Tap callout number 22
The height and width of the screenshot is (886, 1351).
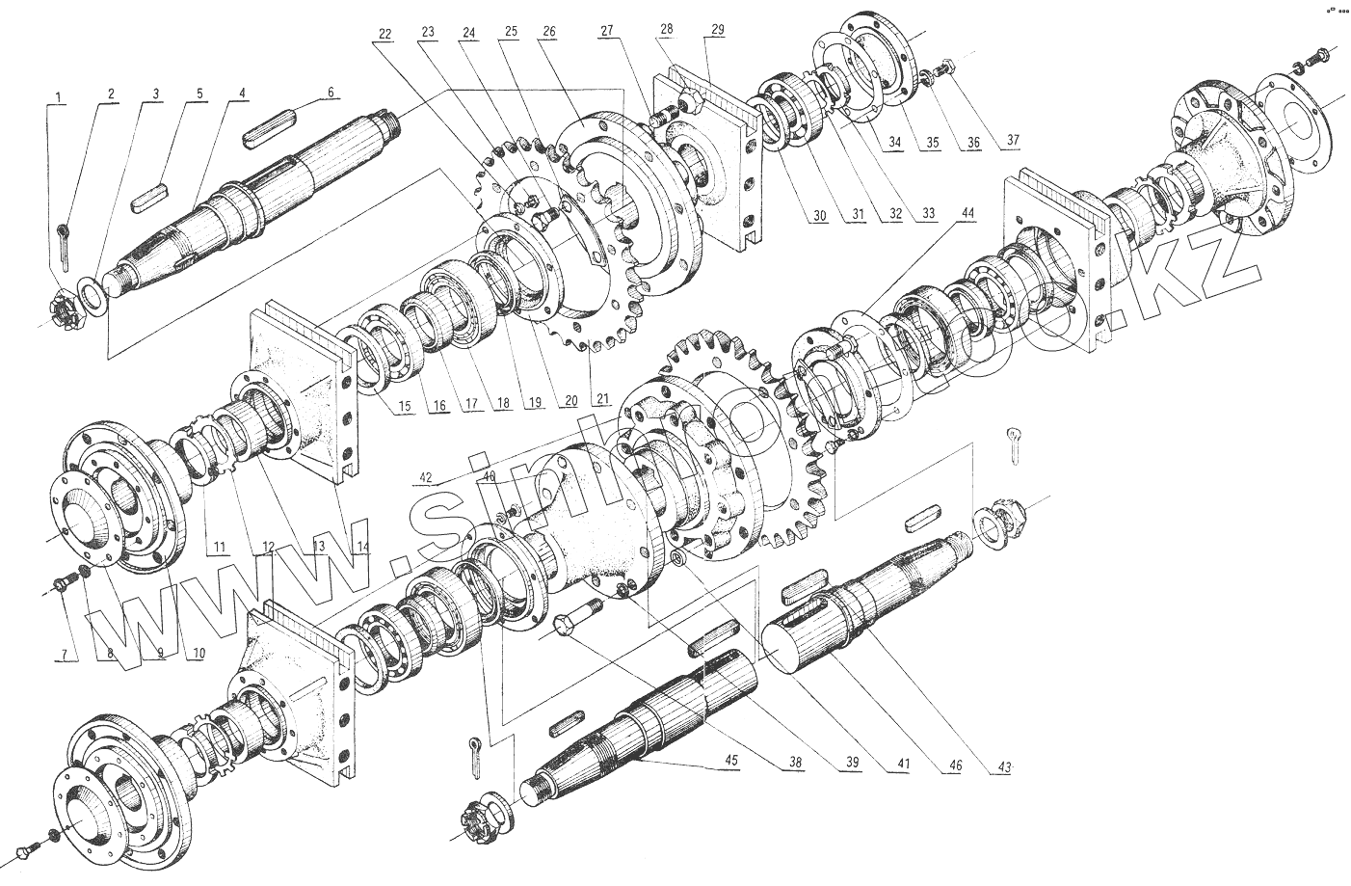384,33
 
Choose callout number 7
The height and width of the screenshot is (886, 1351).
66,655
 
